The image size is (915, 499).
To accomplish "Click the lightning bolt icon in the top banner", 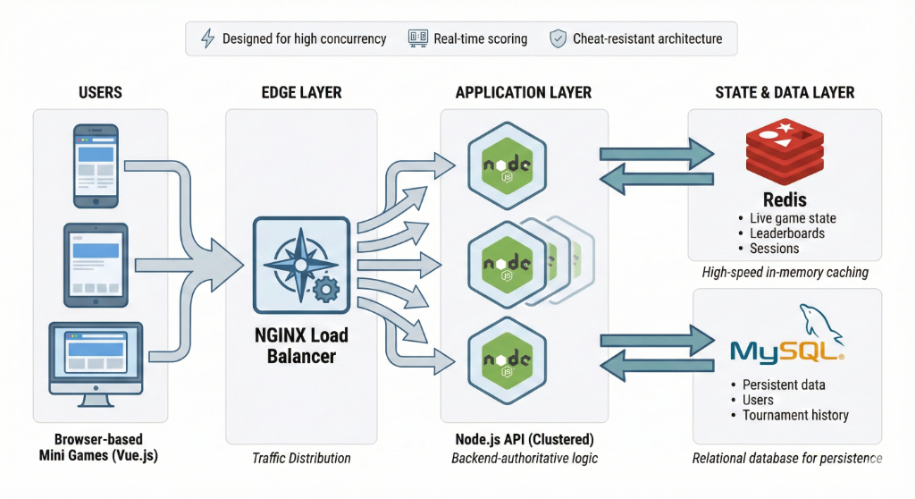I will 206,38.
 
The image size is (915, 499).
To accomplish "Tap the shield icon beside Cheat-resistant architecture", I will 558,38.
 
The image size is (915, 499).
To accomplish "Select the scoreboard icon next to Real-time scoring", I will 417,38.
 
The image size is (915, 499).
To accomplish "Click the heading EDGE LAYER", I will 301,92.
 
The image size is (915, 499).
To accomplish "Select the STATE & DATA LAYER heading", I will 785,92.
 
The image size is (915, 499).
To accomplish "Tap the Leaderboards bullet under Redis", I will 786,233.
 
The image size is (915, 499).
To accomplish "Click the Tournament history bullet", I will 795,415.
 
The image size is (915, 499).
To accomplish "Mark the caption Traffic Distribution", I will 300,458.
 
